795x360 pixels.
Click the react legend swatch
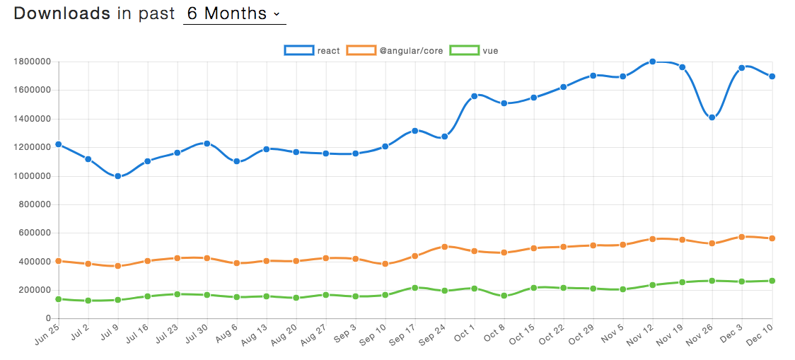click(x=298, y=50)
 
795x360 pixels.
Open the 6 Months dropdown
click(x=234, y=13)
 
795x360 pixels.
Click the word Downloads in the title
click(x=62, y=13)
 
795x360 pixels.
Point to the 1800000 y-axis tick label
click(x=31, y=62)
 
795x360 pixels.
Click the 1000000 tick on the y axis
click(x=31, y=176)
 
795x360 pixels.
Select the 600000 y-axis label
click(x=34, y=233)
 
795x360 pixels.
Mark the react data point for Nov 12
click(x=653, y=62)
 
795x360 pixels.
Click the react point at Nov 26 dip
click(x=712, y=117)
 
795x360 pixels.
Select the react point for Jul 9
click(x=118, y=176)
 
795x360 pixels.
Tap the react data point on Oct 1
click(x=475, y=95)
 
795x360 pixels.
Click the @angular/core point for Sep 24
click(x=445, y=247)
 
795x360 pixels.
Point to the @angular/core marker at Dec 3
click(x=742, y=237)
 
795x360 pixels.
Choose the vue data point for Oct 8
click(x=504, y=296)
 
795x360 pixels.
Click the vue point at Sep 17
click(x=415, y=288)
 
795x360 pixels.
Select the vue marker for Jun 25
click(x=59, y=299)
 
